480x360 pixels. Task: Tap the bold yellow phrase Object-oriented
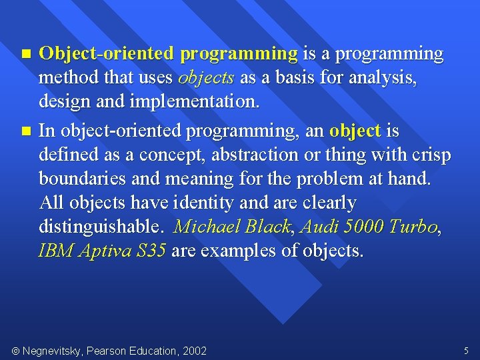[107, 53]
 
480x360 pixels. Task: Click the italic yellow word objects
[206, 79]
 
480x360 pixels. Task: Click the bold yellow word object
[355, 130]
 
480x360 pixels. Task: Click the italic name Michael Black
[232, 227]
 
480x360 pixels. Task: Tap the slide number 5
[466, 350]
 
